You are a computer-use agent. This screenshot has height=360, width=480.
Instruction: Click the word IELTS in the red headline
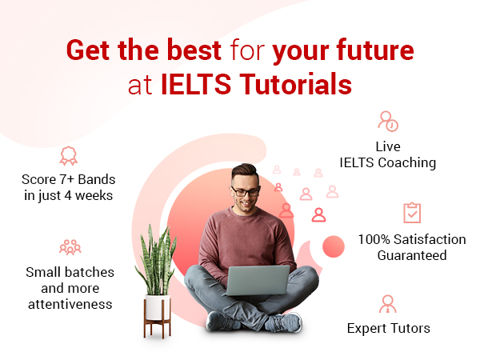196,83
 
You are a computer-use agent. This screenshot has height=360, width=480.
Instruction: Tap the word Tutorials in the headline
295,83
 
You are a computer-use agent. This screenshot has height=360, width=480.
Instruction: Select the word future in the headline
375,50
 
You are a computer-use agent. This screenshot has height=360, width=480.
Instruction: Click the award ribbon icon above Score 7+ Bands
69,156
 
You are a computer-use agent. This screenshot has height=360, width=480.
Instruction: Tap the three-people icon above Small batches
70,247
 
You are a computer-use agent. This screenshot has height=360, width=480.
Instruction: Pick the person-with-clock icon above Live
388,122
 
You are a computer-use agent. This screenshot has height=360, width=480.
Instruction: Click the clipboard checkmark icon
412,213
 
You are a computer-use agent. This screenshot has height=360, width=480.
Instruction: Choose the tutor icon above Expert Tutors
388,304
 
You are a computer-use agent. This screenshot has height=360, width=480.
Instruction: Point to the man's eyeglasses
246,192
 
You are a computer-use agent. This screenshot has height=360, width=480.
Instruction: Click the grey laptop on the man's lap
258,280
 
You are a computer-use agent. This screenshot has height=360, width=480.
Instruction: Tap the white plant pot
158,307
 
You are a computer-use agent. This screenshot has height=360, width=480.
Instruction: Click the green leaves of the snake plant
156,260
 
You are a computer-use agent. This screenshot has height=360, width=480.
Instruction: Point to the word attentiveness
70,304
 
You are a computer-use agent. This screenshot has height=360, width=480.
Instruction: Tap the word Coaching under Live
407,162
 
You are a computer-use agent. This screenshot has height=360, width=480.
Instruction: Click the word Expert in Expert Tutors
366,329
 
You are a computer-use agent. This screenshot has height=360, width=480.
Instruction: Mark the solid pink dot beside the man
334,246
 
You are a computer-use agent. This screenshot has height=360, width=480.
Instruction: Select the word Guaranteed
412,255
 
